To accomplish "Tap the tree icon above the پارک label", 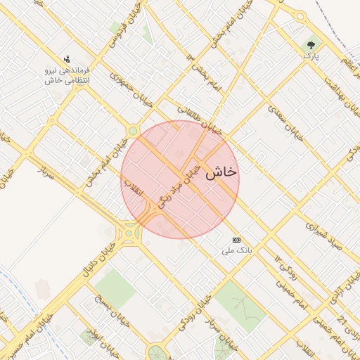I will pyautogui.click(x=310, y=44).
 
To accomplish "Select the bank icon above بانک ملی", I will pyautogui.click(x=236, y=239).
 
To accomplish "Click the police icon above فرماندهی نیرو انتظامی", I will pyautogui.click(x=66, y=59).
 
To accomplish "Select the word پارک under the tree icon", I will pyautogui.click(x=311, y=55).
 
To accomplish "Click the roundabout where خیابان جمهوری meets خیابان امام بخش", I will pyautogui.click(x=132, y=131).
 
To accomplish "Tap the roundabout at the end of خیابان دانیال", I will pyautogui.click(x=128, y=231).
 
